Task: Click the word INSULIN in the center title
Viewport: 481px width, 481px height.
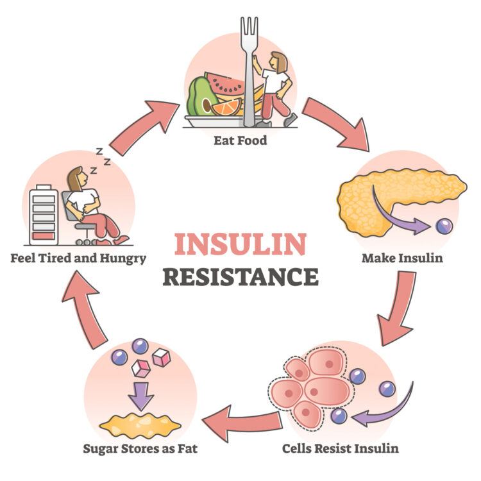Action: [x=240, y=244]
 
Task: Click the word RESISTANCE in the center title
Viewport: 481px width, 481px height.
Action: [x=240, y=276]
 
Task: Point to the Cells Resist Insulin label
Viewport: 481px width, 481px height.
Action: [x=340, y=447]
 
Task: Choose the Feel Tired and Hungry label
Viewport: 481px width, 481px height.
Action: [x=78, y=259]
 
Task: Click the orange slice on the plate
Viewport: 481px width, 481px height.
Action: [x=226, y=107]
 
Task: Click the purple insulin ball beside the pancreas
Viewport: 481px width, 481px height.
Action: [x=443, y=225]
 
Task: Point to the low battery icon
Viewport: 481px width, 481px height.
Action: [x=44, y=215]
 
